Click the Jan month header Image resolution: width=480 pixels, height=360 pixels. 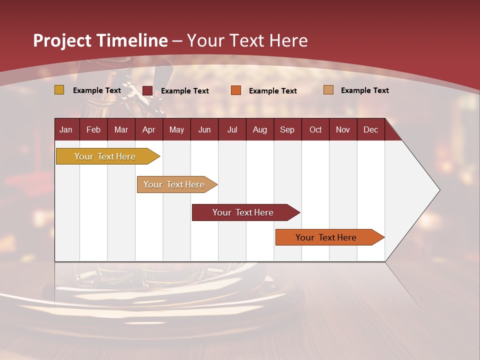[x=66, y=129]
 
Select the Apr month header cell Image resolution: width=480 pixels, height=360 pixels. [x=149, y=129]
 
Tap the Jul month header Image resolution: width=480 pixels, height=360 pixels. [x=232, y=129]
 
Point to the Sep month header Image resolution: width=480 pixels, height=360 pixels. [x=287, y=129]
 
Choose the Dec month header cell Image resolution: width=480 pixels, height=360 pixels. [x=370, y=129]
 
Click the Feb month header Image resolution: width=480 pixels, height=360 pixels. [x=93, y=129]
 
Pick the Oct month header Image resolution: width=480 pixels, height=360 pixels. [x=315, y=129]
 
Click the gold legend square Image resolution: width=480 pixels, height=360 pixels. [x=59, y=90]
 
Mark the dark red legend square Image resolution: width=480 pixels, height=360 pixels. [x=147, y=90]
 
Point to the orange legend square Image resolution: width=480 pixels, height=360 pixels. [x=236, y=90]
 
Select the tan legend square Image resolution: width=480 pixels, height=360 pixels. [x=328, y=90]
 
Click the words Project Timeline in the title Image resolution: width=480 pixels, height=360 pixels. [x=100, y=40]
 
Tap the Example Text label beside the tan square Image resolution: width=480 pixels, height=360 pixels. [x=364, y=90]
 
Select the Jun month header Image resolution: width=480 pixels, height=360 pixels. [x=204, y=129]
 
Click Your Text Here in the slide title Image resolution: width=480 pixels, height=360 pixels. [x=247, y=40]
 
